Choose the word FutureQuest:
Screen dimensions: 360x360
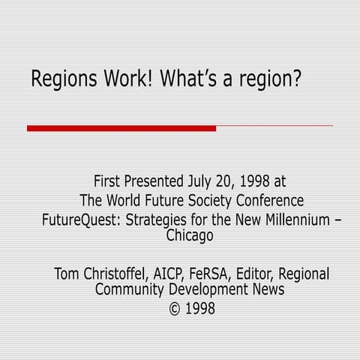point(82,220)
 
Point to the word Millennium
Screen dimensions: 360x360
point(289,220)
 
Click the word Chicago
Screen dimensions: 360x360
point(189,235)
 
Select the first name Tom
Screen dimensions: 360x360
point(67,274)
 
